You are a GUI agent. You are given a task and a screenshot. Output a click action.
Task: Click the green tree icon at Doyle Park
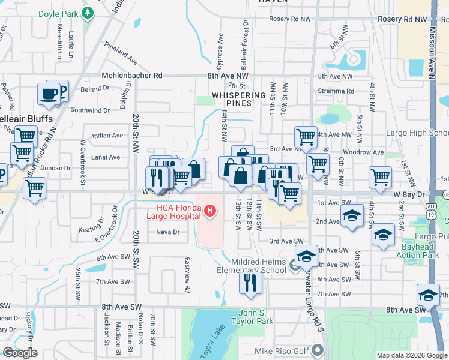88,13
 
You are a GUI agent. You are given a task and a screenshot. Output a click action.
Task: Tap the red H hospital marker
209,211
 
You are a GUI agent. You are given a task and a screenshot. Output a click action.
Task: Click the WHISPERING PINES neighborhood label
238,100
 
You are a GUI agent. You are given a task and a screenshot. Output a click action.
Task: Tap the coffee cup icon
49,94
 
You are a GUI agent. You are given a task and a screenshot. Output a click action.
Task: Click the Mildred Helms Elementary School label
259,265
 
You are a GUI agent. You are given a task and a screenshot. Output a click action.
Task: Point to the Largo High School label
423,133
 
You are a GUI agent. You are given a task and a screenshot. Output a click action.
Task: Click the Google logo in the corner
20,353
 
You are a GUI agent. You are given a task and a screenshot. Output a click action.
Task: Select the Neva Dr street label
167,232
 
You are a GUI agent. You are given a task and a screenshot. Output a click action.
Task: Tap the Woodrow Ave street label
369,152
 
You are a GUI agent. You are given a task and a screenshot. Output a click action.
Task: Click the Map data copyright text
411,355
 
